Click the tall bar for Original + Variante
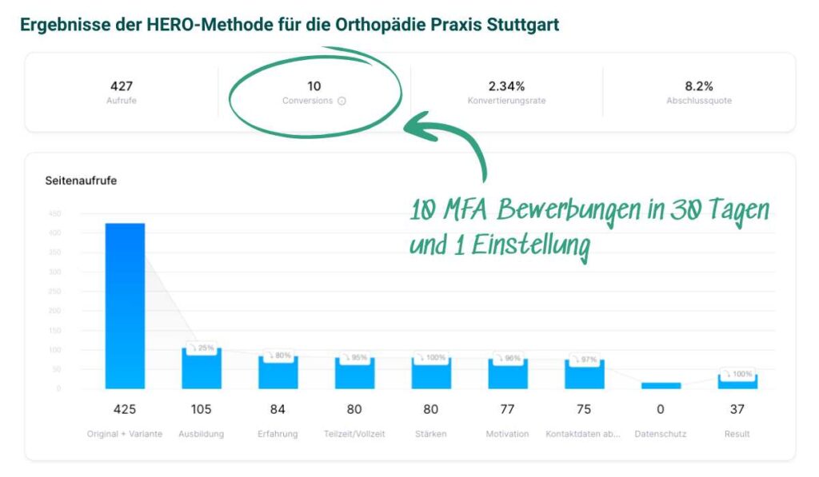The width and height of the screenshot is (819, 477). pos(125,305)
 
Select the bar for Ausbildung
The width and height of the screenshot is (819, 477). pos(201,369)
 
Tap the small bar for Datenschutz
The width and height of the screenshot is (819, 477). pos(661,385)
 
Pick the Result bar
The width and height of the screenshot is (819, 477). pos(737,382)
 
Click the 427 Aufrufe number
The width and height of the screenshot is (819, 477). pos(121,85)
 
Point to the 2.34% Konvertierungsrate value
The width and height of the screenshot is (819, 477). pos(506,85)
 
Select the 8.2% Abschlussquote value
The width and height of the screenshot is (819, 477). pos(698,85)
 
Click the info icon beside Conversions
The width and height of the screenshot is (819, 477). pos(342,101)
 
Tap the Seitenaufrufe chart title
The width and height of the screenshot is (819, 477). pos(81,181)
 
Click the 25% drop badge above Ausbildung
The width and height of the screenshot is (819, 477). pos(202,348)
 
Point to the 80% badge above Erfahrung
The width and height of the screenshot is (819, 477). pos(278,356)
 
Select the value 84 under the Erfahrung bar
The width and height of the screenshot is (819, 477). pos(278,409)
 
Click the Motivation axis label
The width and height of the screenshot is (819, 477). pos(507,434)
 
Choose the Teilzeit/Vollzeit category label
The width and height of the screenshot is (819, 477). pos(354,434)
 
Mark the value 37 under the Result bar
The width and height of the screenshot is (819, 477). pos(737,409)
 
